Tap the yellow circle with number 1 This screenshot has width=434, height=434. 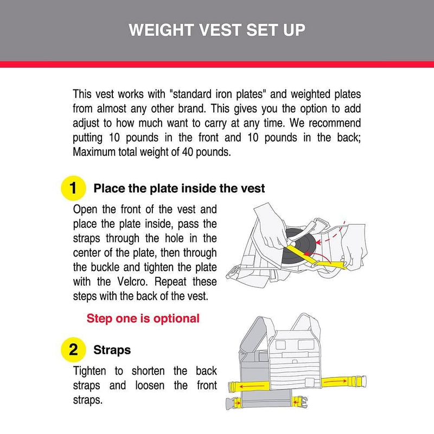click(73, 189)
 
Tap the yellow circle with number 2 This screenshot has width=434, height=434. click(73, 349)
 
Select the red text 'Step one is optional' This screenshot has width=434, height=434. click(143, 318)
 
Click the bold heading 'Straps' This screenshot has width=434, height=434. click(113, 349)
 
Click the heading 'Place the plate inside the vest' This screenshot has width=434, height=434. click(179, 189)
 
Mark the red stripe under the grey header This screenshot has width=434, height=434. click(217, 64)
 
